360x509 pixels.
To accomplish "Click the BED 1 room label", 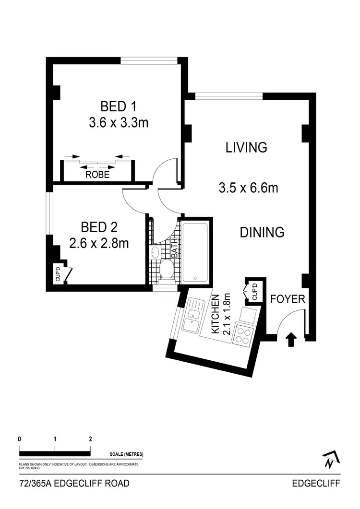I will coord(118,106).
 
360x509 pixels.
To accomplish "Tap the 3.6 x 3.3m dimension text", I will coord(118,123).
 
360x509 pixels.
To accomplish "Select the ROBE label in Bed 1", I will coord(97,175).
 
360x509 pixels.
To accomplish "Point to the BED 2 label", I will coord(99,227).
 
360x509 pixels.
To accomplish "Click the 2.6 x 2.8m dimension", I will coord(99,244).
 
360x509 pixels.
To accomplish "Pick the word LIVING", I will coord(246,147).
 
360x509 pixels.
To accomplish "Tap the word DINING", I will coord(262,233).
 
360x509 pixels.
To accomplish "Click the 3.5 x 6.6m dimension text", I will coord(248,188).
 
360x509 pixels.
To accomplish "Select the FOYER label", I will coord(288,299).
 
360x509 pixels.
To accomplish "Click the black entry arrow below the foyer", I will coord(290,340).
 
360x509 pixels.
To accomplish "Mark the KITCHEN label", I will coord(216,314).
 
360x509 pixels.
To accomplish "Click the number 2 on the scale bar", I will coord(90,438).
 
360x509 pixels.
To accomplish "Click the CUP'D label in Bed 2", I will coord(58,275).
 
